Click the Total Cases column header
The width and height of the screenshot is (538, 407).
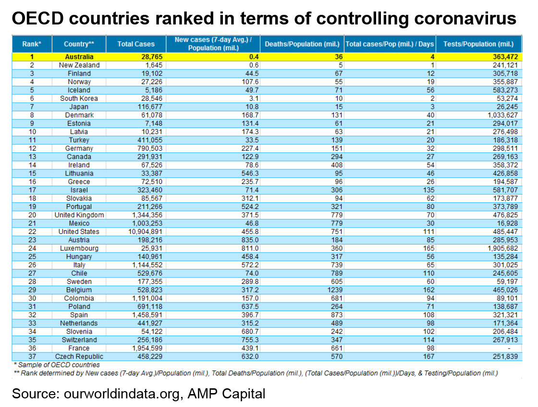(x=136, y=44)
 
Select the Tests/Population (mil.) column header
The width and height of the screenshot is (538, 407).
(x=478, y=44)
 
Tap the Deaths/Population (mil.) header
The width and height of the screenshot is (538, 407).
(x=302, y=44)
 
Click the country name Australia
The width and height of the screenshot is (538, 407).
(x=79, y=57)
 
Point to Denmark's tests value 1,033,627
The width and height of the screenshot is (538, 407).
(x=502, y=116)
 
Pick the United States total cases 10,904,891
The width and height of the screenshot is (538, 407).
(x=145, y=232)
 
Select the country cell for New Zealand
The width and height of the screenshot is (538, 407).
(x=79, y=65)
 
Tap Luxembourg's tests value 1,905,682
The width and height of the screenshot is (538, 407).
(x=502, y=248)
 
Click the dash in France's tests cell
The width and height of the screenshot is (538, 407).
(x=509, y=348)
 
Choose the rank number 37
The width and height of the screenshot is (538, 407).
(x=32, y=356)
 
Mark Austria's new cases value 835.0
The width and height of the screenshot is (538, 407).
(x=250, y=240)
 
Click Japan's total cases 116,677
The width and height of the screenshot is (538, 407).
(x=149, y=107)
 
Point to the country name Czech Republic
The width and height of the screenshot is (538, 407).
(x=79, y=356)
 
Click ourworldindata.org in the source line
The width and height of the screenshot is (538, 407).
(x=122, y=394)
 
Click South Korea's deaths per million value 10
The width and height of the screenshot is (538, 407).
(x=339, y=99)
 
